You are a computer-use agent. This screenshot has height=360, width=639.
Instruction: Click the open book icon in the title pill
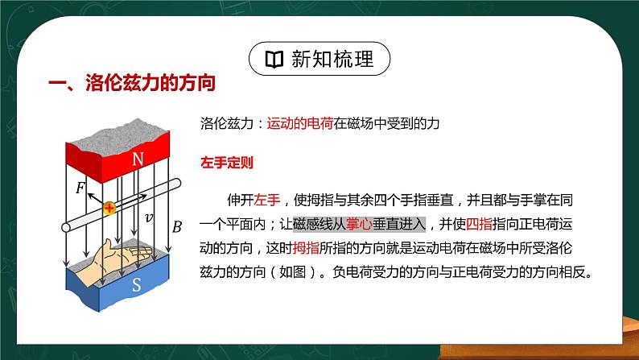[274, 59]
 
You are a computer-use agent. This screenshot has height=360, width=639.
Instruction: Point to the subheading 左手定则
[227, 163]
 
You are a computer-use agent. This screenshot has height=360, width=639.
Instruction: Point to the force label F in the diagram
[80, 188]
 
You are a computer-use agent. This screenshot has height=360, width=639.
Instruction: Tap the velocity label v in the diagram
[148, 217]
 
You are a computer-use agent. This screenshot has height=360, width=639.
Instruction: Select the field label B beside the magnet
[177, 226]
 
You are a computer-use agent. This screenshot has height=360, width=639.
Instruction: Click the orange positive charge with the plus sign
[109, 209]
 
